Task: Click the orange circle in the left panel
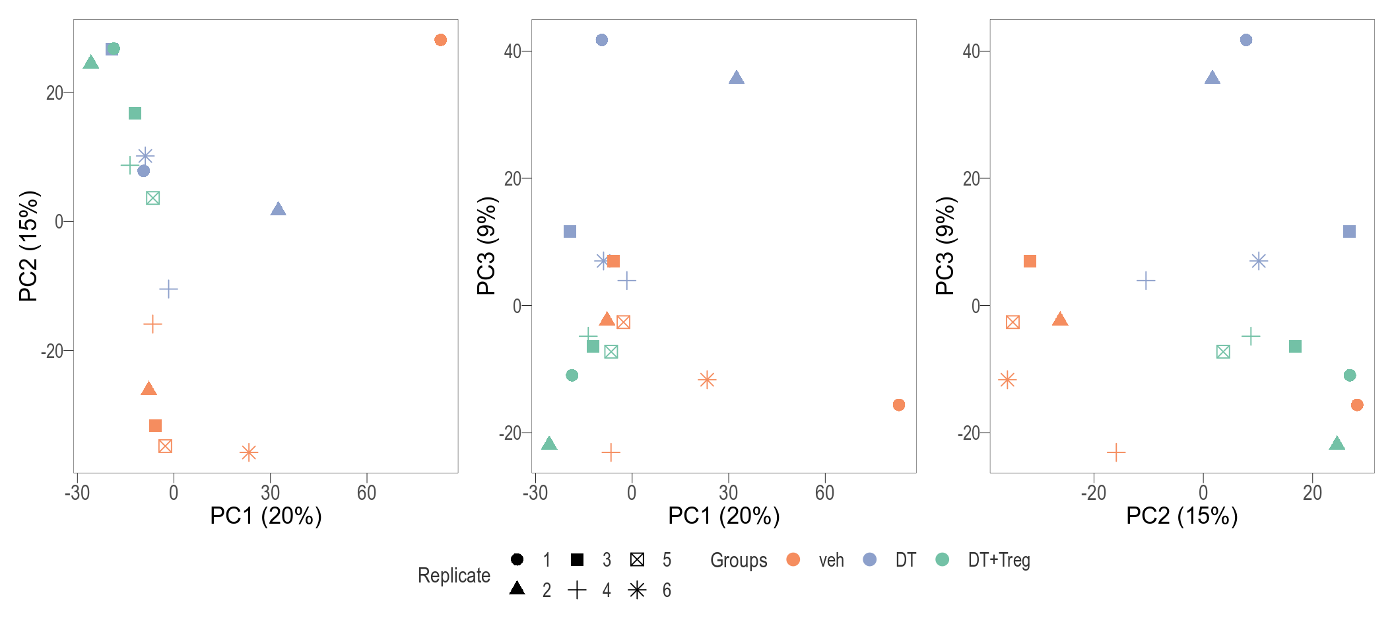(440, 40)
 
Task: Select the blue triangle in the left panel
(278, 209)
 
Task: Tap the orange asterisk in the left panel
(248, 452)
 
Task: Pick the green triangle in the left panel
(91, 63)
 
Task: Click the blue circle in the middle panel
(601, 40)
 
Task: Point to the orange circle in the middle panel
(898, 405)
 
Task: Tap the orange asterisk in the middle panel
(707, 380)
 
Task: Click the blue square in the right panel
(1349, 232)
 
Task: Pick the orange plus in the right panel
(1115, 452)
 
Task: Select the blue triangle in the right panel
(1212, 78)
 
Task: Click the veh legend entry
(831, 560)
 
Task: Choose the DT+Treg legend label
(999, 560)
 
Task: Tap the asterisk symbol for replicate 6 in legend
(637, 590)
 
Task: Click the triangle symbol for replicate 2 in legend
(517, 588)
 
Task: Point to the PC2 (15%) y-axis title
(29, 246)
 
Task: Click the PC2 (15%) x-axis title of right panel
(1181, 516)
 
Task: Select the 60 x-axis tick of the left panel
(366, 493)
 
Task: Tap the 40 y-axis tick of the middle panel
(513, 51)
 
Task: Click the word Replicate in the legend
(454, 575)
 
